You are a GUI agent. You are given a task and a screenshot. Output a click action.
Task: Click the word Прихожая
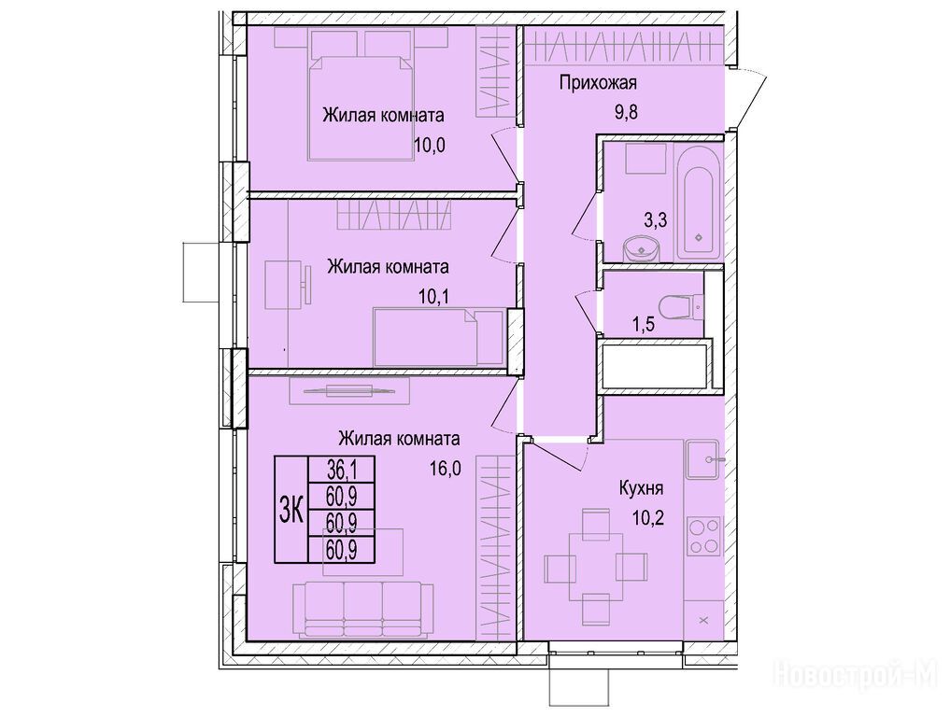click(x=598, y=83)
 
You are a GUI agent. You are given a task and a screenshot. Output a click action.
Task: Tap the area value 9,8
click(x=627, y=113)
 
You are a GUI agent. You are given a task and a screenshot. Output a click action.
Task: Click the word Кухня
click(x=641, y=488)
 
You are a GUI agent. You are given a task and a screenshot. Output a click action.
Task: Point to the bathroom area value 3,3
click(x=655, y=219)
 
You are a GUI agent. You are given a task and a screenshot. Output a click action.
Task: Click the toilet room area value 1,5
click(x=644, y=325)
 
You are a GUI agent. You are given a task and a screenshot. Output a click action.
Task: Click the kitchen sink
click(x=702, y=460)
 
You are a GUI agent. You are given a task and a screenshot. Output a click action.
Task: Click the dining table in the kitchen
click(x=596, y=567)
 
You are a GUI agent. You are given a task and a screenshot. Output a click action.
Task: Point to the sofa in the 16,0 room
click(x=363, y=610)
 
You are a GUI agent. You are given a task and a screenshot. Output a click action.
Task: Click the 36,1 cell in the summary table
click(x=342, y=468)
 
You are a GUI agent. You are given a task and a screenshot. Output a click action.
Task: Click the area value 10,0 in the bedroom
click(x=429, y=146)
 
